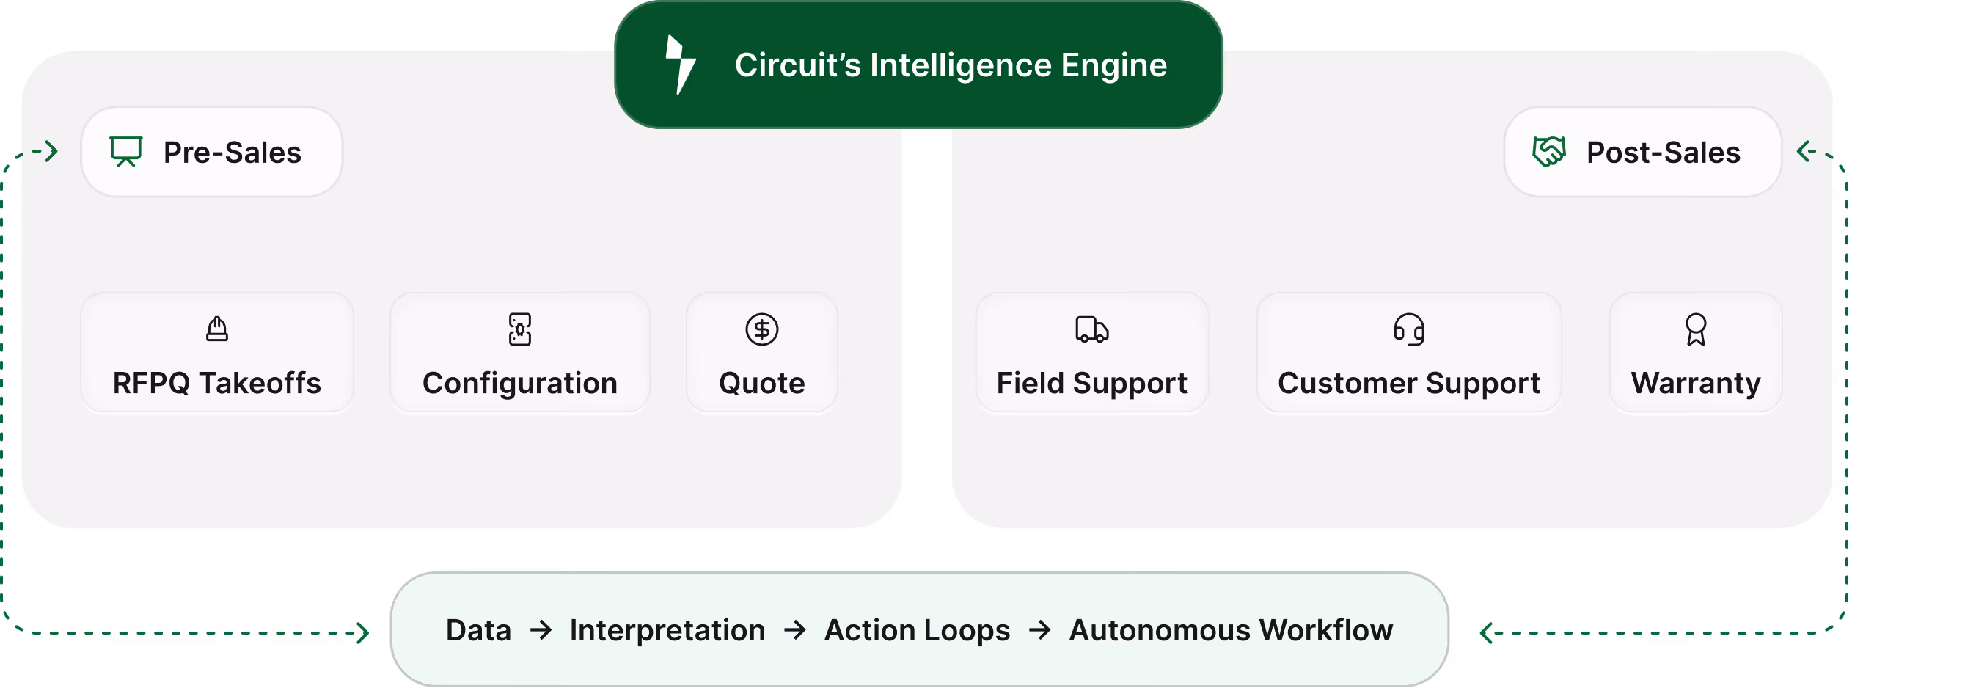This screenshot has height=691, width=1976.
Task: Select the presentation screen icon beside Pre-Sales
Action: coord(126,151)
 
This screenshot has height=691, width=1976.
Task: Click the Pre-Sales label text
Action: coord(233,153)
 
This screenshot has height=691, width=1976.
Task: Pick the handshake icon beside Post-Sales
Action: coord(1548,151)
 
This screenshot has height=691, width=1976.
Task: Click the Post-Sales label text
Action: coord(1663,153)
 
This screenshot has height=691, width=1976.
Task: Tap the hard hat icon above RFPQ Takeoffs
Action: coord(217,329)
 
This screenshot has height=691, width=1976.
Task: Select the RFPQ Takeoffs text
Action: coord(217,383)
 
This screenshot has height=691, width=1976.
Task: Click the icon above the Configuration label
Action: coord(520,329)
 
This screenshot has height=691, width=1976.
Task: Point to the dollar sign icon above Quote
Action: coord(761,330)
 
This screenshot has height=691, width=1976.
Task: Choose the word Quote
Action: coord(761,383)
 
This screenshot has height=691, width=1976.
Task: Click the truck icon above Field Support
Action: coord(1091,329)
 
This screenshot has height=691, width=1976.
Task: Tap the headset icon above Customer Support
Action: coord(1409,330)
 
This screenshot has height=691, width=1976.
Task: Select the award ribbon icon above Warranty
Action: coord(1696,330)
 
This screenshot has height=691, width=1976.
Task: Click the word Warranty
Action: coord(1696,383)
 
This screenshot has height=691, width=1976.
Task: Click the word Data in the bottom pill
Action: coord(479,630)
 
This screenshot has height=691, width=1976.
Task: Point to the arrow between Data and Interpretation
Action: coord(541,630)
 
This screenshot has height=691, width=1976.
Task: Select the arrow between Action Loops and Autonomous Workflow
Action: coord(1039,630)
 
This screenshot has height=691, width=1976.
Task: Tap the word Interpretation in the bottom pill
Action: coord(667,630)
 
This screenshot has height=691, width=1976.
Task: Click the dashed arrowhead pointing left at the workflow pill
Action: coord(1487,633)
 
